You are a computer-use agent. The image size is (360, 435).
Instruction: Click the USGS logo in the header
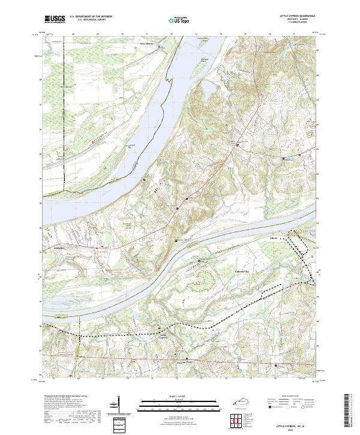click(55, 19)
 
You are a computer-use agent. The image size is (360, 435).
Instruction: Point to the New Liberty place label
click(146, 44)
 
